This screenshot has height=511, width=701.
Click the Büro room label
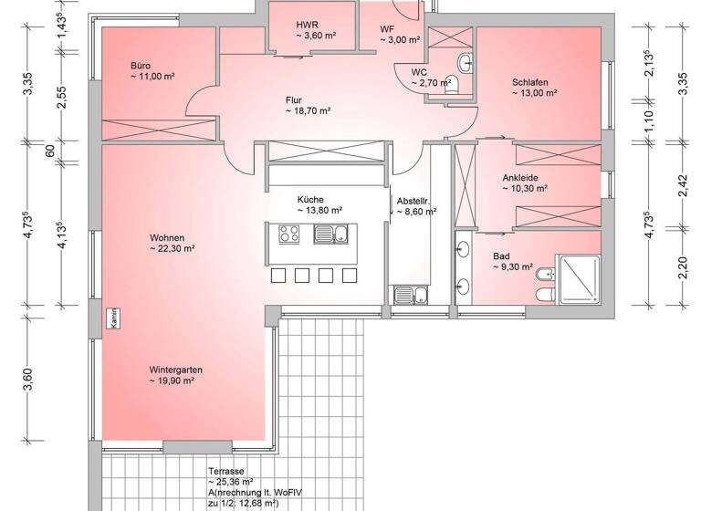pyautogui.click(x=141, y=66)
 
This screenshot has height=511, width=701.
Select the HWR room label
pyautogui.click(x=307, y=25)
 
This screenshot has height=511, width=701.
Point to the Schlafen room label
pyautogui.click(x=529, y=82)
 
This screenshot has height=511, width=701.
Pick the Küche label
pyautogui.click(x=310, y=199)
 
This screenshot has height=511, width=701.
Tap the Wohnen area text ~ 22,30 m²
pyautogui.click(x=173, y=248)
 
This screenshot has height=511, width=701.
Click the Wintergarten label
pyautogui.click(x=175, y=370)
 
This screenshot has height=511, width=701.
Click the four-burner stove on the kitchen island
pyautogui.click(x=289, y=235)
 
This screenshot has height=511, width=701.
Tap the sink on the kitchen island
pyautogui.click(x=326, y=235)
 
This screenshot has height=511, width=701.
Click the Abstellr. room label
pyautogui.click(x=413, y=201)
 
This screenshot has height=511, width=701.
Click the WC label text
pyautogui.click(x=419, y=71)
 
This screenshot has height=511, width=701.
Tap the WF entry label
pyautogui.click(x=387, y=29)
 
